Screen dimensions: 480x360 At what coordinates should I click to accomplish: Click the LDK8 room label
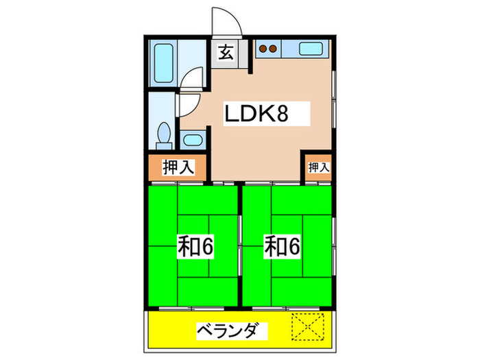tap(256, 114)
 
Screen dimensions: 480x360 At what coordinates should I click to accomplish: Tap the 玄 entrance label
tap(226, 52)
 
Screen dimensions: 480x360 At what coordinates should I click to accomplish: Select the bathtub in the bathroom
tap(163, 63)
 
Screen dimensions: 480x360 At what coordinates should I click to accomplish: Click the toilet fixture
tap(164, 136)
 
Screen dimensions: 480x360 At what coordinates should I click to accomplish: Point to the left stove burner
tap(263, 49)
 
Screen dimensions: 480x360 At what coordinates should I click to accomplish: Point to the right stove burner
tap(273, 49)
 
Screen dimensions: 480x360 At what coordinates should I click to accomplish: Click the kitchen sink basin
tap(311, 49)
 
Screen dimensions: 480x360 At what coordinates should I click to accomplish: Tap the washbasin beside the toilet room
tap(193, 140)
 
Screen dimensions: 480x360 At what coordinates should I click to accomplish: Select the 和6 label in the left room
tap(195, 247)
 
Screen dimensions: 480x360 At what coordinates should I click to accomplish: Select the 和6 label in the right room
tap(282, 247)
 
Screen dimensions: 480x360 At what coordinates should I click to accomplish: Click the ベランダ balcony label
tap(232, 331)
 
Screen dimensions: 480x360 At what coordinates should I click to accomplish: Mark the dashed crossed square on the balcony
tap(308, 326)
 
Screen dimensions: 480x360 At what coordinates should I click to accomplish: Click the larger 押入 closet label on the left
tap(178, 167)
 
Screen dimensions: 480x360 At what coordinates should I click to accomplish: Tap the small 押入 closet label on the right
tap(319, 167)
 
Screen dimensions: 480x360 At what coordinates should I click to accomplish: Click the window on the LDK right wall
tap(334, 99)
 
